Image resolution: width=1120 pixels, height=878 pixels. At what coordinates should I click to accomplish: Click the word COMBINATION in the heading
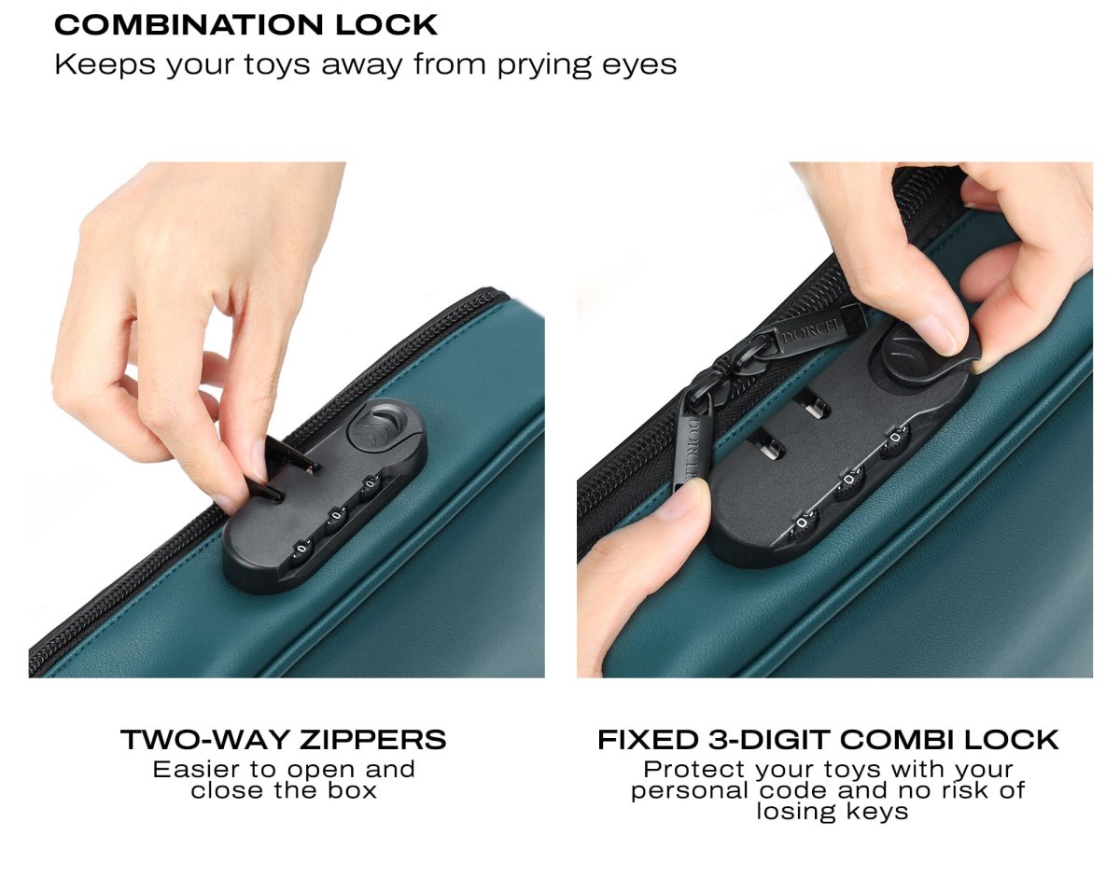(189, 25)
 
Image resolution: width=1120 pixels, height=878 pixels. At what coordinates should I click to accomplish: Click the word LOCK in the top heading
(386, 25)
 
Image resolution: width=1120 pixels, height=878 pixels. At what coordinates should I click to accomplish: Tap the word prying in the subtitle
(544, 66)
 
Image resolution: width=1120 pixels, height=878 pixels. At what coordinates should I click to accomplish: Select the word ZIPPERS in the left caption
(372, 740)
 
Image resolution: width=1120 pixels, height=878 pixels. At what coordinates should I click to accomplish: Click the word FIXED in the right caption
(648, 740)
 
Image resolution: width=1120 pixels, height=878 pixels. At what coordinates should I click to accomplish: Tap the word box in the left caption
(352, 790)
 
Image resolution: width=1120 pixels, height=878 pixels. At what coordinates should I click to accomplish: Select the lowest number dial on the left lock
(301, 553)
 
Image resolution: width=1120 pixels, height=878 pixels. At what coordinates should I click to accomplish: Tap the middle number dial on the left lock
(336, 519)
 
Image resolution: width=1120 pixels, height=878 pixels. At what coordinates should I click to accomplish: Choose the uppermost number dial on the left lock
(371, 487)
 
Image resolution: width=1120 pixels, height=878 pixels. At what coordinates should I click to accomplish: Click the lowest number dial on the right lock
(803, 526)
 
